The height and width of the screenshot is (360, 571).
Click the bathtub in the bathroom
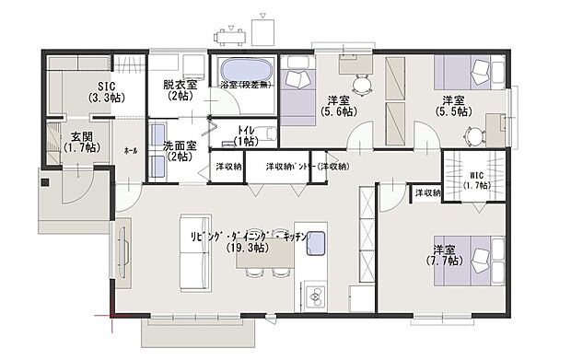point(245,70)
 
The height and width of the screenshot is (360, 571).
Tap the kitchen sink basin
point(317,245)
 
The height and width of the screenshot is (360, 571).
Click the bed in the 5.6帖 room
point(297,88)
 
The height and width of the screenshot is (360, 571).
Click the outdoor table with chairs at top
point(231,37)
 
